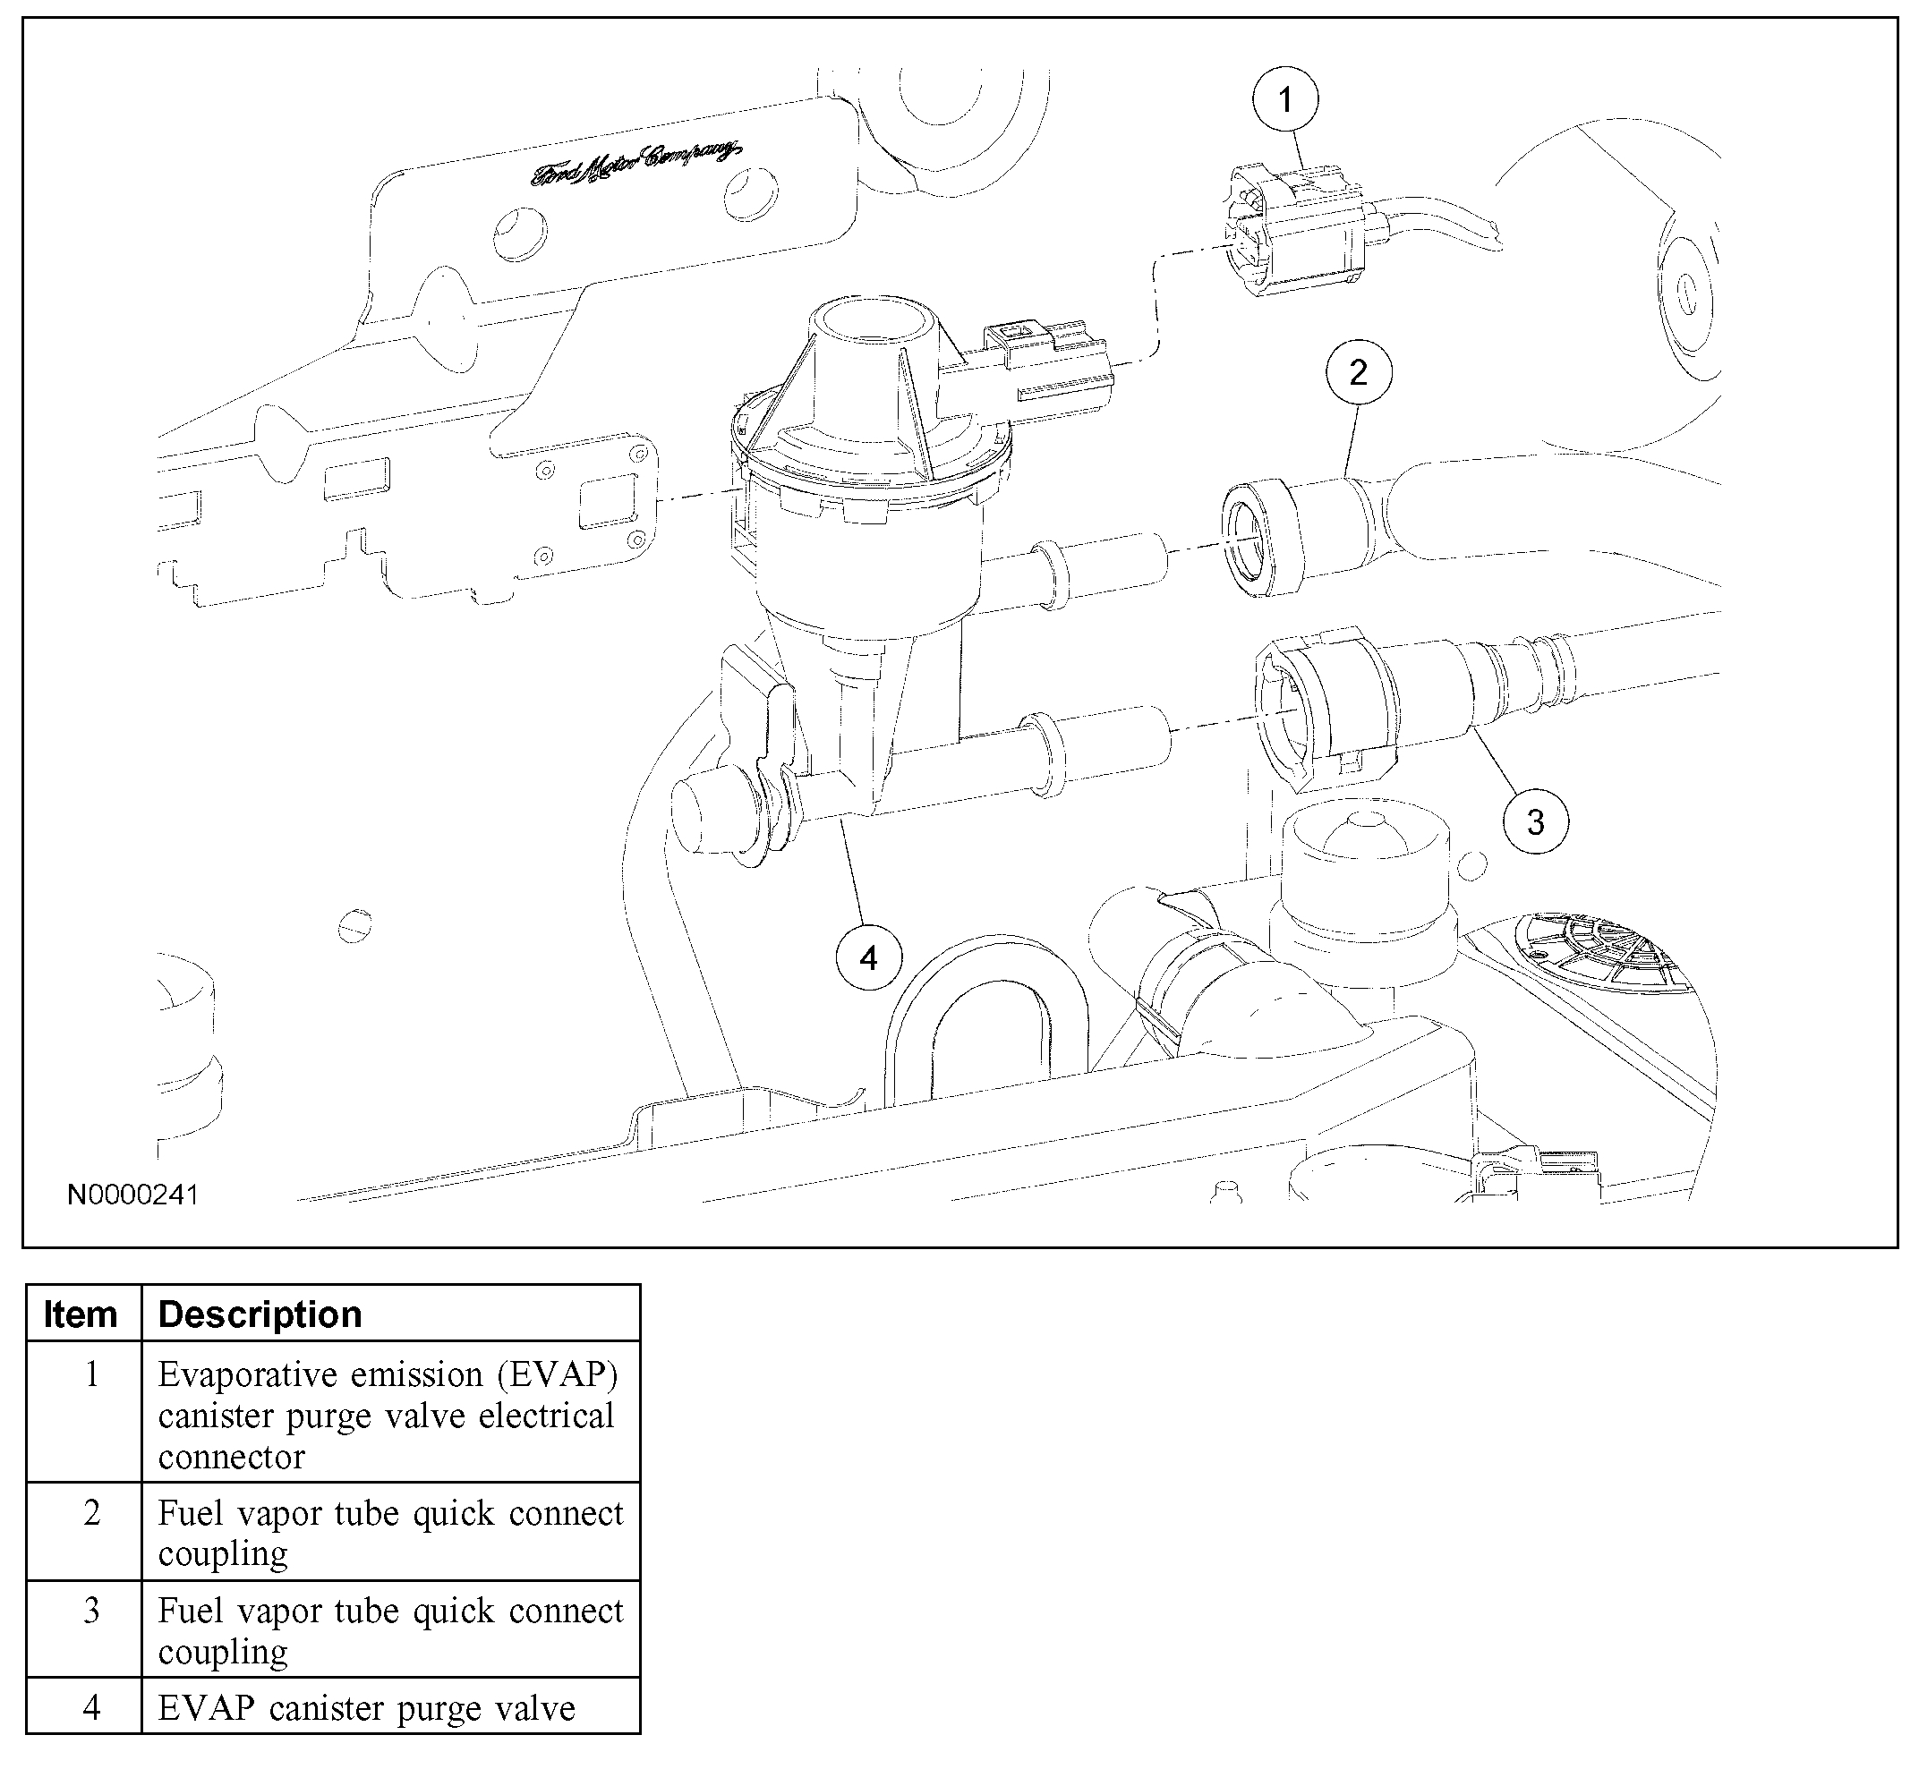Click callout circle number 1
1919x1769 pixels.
pyautogui.click(x=1285, y=99)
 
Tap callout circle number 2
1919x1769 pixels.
pyautogui.click(x=1358, y=372)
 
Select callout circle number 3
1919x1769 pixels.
pyautogui.click(x=1535, y=821)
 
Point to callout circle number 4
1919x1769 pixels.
pyautogui.click(x=868, y=957)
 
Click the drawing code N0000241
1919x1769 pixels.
pyautogui.click(x=133, y=1195)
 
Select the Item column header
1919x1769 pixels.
pyautogui.click(x=81, y=1314)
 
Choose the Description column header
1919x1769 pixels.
pyautogui.click(x=260, y=1314)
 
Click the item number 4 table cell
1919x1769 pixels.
pyautogui.click(x=92, y=1708)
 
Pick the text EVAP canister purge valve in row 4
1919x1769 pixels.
pyautogui.click(x=367, y=1709)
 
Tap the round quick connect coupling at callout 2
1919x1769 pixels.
pyautogui.click(x=1262, y=540)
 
